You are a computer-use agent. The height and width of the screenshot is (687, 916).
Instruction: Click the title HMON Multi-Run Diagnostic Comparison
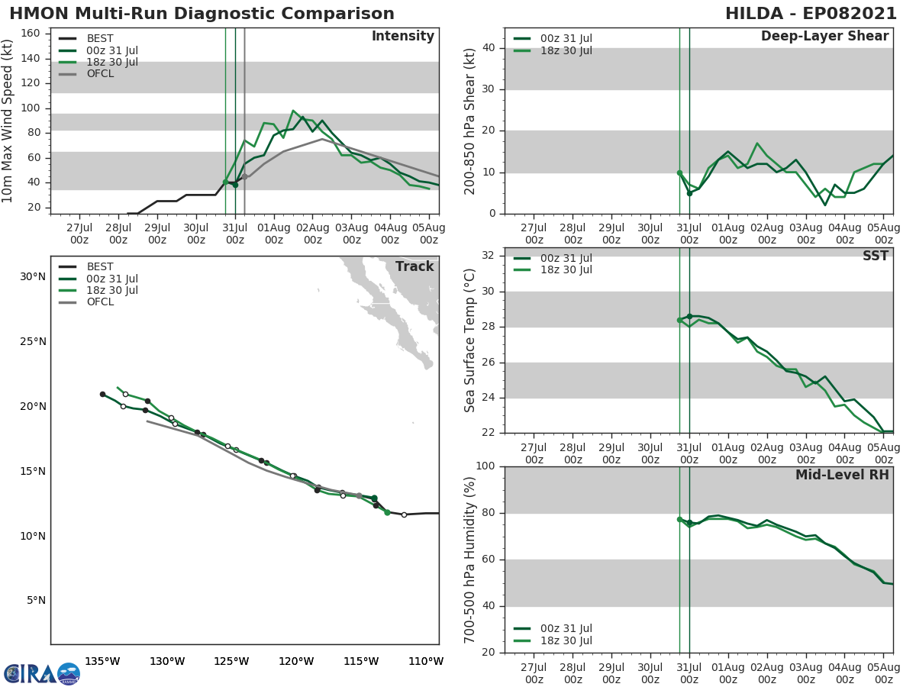click(x=202, y=14)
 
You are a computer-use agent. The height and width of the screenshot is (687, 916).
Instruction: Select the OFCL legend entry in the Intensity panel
click(x=100, y=74)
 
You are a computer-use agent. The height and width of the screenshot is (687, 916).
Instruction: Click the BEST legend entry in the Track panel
click(x=100, y=267)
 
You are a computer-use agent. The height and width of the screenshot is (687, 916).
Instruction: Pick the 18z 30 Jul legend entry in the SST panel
click(x=564, y=270)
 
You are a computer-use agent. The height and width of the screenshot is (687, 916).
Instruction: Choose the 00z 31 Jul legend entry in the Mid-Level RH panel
click(x=564, y=629)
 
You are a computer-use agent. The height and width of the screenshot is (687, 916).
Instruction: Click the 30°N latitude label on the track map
click(x=32, y=276)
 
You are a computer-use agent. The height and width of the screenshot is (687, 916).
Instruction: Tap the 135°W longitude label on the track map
click(x=102, y=661)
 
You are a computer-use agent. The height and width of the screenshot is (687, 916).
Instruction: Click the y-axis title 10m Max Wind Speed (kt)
click(x=8, y=122)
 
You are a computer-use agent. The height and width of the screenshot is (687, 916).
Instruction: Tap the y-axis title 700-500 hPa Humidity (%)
click(x=470, y=560)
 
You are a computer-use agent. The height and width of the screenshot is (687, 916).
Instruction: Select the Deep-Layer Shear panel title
click(x=824, y=37)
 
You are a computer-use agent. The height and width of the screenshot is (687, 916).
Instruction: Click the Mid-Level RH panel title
click(x=841, y=475)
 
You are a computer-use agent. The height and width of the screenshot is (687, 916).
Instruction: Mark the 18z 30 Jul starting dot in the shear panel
click(x=679, y=173)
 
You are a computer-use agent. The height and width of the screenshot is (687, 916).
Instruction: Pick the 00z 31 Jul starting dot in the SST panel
click(x=689, y=316)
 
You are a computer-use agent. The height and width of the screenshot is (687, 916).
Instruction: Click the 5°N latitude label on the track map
click(x=35, y=601)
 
